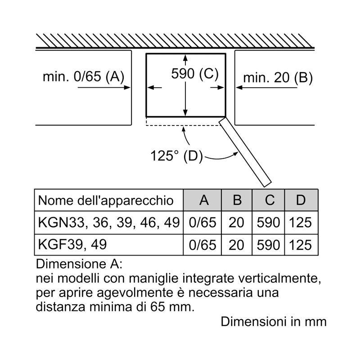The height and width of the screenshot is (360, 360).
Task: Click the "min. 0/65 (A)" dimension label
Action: tap(83, 77)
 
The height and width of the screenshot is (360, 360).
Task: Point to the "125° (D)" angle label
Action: tap(176, 156)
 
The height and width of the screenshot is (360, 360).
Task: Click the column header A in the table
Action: tap(204, 200)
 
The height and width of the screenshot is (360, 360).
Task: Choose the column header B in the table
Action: tap(237, 200)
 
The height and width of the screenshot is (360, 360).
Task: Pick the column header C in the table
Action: tap(269, 200)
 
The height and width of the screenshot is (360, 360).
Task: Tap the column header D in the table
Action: tap(301, 200)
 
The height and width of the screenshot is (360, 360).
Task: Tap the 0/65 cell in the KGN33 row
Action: tap(204, 222)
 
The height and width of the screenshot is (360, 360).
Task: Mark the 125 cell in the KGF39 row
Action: tap(301, 245)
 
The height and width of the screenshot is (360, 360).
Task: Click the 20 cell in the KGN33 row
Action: tap(237, 222)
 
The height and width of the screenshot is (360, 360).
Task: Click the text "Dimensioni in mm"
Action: tap(274, 322)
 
